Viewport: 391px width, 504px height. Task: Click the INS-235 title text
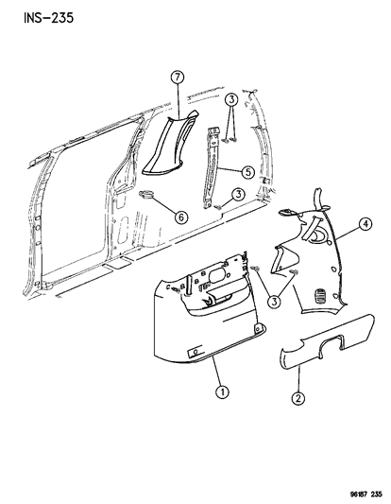click(48, 18)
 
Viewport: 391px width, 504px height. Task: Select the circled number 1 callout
click(222, 391)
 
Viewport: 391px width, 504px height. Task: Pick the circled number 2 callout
click(298, 398)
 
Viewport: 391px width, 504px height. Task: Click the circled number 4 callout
click(365, 224)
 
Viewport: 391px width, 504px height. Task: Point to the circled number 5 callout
click(248, 172)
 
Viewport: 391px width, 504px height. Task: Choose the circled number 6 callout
click(181, 217)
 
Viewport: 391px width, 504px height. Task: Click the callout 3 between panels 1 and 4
click(274, 302)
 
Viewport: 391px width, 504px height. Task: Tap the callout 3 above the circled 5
click(230, 99)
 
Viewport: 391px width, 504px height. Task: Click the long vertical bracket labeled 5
click(212, 167)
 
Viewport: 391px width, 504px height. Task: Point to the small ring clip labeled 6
click(145, 194)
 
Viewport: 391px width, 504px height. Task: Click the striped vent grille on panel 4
click(319, 295)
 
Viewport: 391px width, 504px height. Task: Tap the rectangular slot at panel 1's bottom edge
click(195, 352)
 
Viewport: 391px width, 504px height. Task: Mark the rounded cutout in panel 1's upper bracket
click(218, 273)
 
